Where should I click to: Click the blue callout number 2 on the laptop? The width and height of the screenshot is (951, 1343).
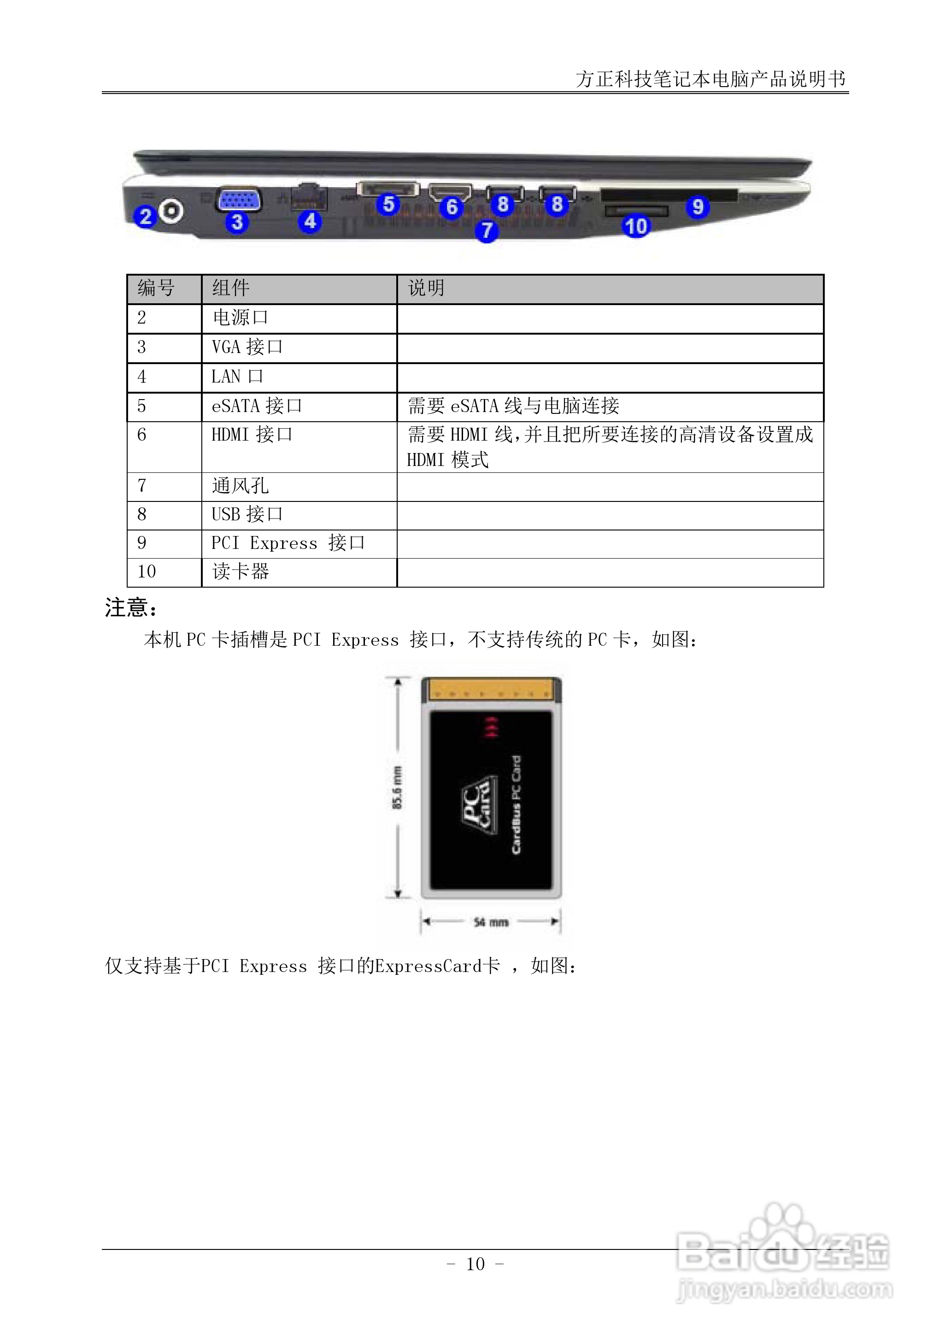point(145,216)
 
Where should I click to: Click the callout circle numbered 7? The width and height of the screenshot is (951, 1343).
point(486,230)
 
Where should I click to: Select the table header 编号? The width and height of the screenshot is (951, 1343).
point(156,288)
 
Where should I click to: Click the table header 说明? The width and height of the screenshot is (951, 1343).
point(426,288)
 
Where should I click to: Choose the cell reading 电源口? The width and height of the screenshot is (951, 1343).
point(240,318)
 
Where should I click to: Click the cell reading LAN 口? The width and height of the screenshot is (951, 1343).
point(237,377)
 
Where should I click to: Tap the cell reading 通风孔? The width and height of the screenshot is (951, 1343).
point(240,486)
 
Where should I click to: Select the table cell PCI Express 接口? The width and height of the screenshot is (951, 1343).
point(288,543)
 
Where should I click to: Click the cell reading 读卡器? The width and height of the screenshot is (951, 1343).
point(240,571)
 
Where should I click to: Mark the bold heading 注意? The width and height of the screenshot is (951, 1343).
point(130,608)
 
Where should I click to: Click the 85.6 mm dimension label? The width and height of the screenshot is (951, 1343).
point(398,787)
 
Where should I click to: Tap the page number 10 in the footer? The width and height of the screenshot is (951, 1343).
point(475,1265)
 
